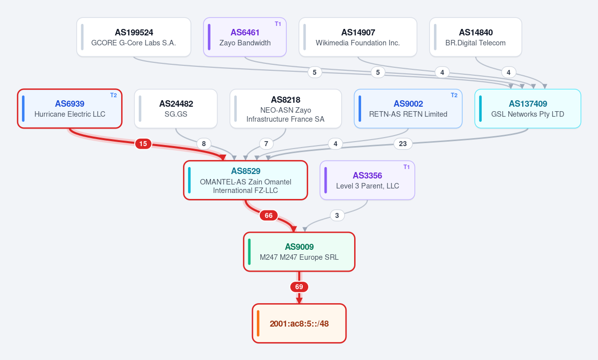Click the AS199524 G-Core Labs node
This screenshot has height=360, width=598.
click(x=134, y=37)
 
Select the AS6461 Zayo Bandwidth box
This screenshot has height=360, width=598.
click(x=245, y=37)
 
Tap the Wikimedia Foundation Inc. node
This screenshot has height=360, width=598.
click(x=358, y=37)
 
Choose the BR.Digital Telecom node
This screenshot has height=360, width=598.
click(x=476, y=37)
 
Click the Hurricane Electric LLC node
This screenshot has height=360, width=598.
click(x=70, y=109)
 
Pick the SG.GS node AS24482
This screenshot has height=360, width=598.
click(x=176, y=109)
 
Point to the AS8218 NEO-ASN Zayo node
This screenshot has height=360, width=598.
click(x=286, y=109)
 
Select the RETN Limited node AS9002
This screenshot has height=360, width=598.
click(x=408, y=109)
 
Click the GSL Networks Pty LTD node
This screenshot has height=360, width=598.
click(x=528, y=109)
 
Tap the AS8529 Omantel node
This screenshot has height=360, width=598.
click(x=245, y=180)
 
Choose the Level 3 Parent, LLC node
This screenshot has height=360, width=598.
click(x=367, y=180)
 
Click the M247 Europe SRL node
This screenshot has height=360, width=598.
click(x=299, y=252)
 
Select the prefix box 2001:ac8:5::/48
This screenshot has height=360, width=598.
click(x=299, y=324)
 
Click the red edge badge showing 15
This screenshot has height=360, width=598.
click(x=143, y=144)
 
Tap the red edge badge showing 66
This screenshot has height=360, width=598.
click(x=268, y=215)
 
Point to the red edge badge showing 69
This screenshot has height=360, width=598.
click(x=299, y=287)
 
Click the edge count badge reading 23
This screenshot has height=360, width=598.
click(x=402, y=144)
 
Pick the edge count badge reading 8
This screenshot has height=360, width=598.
click(x=203, y=144)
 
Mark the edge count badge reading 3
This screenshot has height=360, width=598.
click(x=337, y=215)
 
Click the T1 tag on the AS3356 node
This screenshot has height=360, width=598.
click(x=406, y=167)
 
